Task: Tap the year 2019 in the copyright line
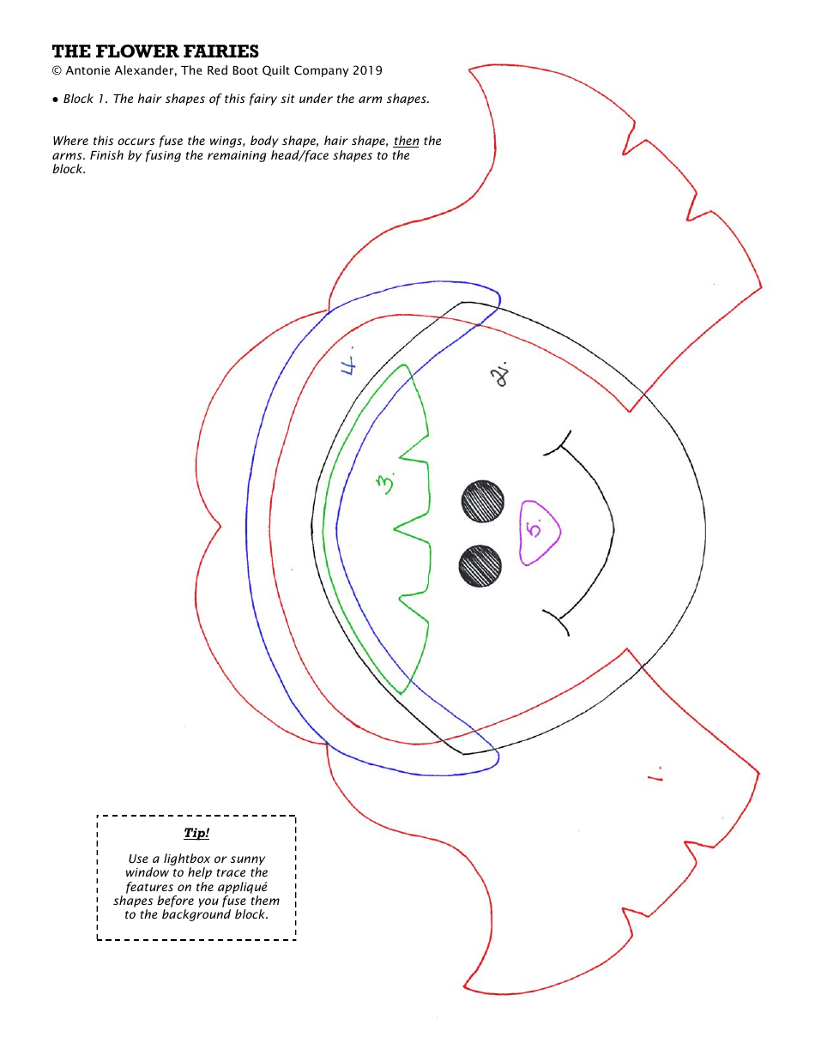(367, 71)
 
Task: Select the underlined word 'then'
(407, 142)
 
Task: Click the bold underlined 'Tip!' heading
(196, 833)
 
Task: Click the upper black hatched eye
(482, 502)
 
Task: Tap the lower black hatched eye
(480, 566)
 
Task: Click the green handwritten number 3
(386, 484)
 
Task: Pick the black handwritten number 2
(499, 374)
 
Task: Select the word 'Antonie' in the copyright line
(88, 71)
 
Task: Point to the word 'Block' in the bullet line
(78, 99)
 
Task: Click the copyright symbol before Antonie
(57, 71)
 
